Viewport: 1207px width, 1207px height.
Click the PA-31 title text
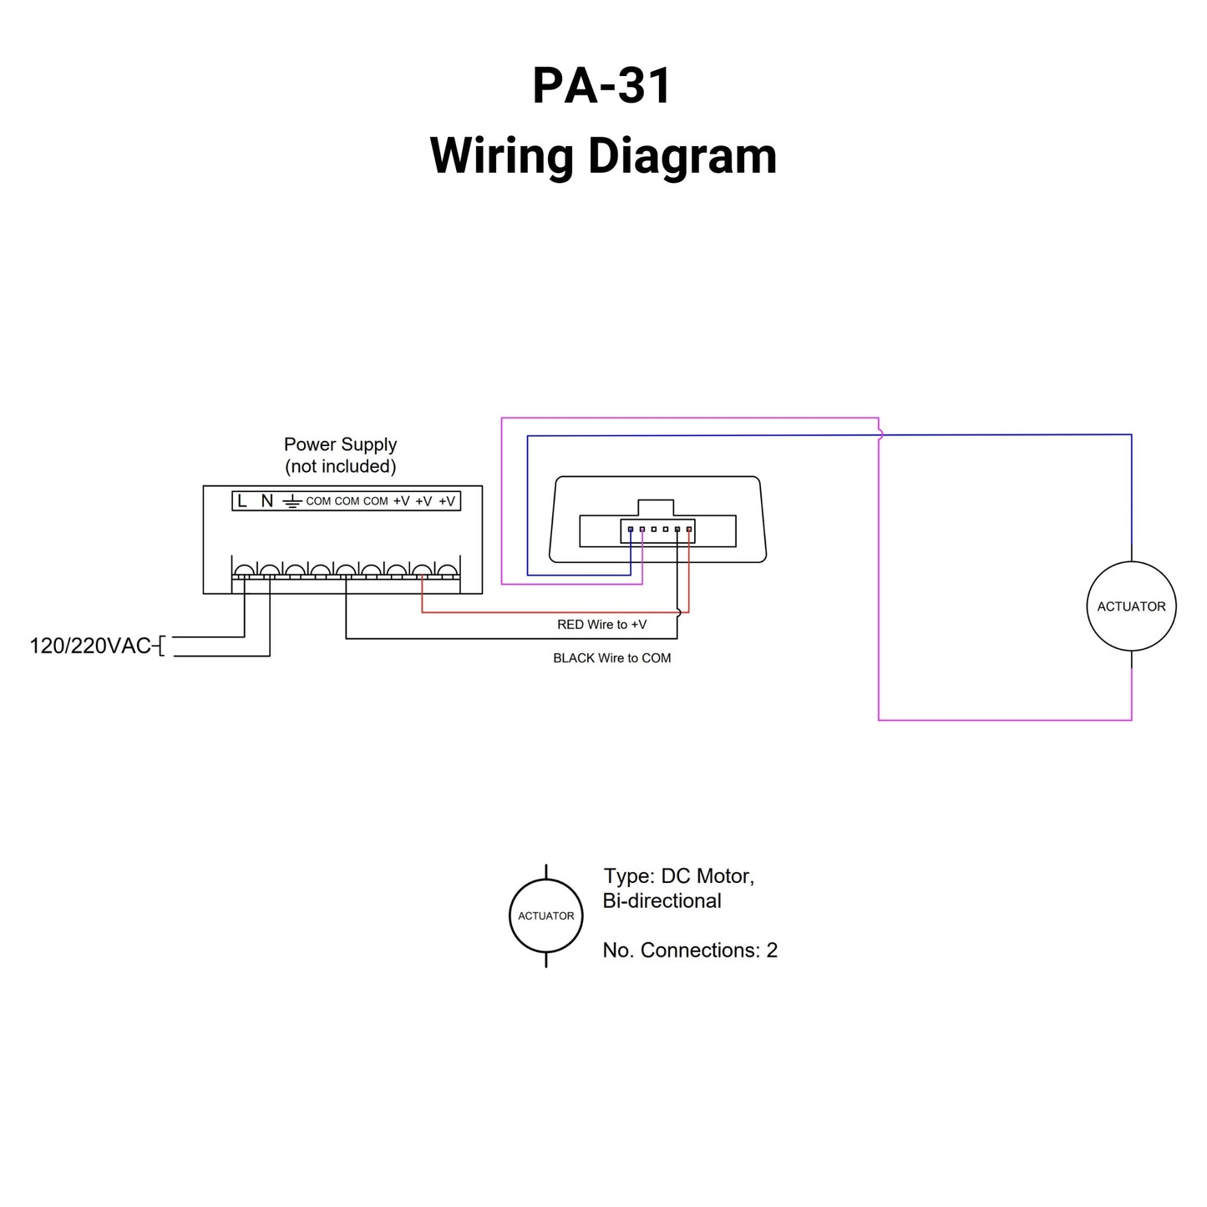point(601,85)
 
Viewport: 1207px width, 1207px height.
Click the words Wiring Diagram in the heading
point(603,156)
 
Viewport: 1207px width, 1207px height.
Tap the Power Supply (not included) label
point(340,455)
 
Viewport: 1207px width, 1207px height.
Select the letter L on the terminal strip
point(242,501)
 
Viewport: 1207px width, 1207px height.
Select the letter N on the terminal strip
point(266,501)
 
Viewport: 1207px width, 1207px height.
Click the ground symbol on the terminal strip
point(291,502)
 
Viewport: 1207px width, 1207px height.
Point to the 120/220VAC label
point(90,646)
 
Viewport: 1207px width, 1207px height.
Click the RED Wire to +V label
point(601,625)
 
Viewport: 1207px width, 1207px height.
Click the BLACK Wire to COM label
point(611,658)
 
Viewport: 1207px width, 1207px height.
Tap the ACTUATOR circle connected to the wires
point(1131,606)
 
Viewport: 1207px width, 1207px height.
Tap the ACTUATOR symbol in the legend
point(546,916)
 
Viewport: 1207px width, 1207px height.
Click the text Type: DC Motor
point(678,876)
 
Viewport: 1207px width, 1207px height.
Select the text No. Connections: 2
point(690,951)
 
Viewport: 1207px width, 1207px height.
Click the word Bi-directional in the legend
point(662,901)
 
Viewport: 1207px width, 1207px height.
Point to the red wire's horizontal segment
point(551,612)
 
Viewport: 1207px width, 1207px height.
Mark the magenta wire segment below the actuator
point(1131,689)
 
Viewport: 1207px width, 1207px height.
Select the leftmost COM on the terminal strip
point(318,501)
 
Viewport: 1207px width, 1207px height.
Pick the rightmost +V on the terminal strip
point(447,501)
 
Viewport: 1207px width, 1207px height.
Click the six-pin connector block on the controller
point(658,530)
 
